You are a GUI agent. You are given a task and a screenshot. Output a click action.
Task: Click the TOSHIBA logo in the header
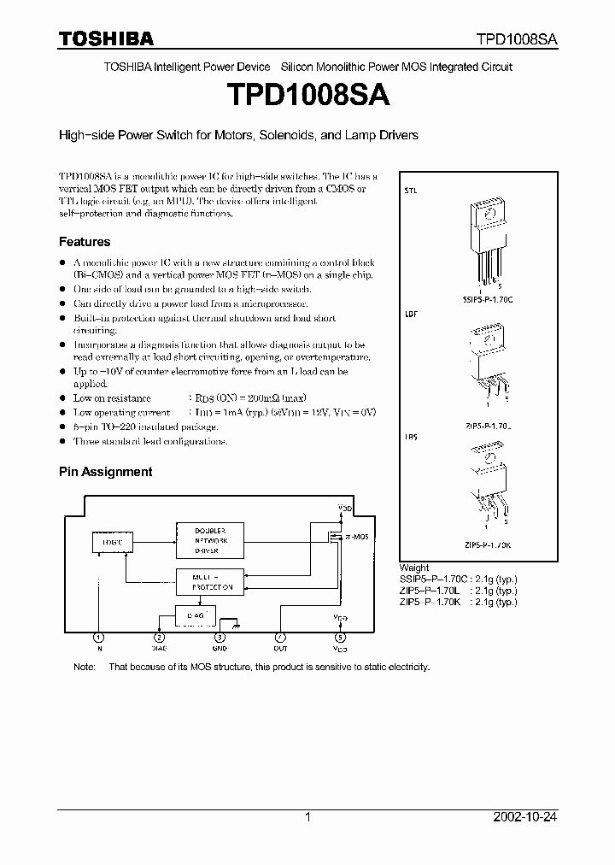105,38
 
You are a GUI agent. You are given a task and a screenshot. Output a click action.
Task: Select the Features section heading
85,242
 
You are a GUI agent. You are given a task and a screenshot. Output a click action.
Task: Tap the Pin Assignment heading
105,471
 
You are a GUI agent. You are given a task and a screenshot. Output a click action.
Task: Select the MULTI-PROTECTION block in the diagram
208,583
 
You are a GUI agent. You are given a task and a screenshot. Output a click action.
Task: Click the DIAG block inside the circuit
195,615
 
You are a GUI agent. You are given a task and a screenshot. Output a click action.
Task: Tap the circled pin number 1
99,637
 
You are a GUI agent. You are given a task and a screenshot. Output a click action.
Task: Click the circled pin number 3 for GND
220,637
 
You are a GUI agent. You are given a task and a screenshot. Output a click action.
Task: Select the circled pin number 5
341,637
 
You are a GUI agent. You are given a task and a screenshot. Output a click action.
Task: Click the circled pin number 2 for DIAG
160,637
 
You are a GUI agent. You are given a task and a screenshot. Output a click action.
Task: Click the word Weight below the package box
414,568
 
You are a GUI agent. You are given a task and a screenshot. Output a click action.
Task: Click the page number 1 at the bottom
307,817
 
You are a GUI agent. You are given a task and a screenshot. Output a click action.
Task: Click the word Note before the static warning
85,667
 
